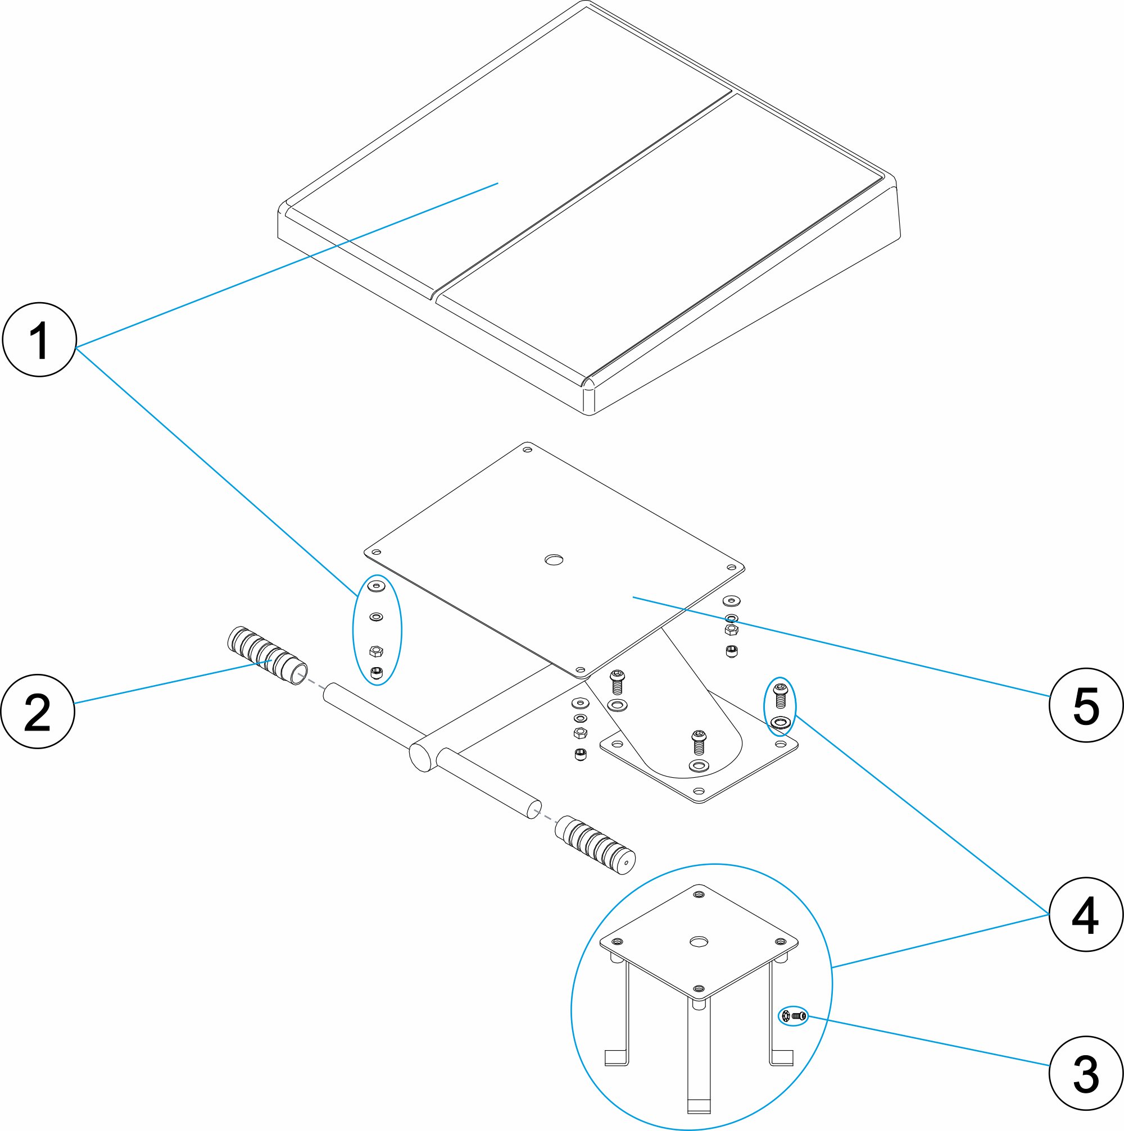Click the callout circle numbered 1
[40, 340]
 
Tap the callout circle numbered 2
[38, 712]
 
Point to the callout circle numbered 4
[1086, 914]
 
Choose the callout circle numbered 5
[1086, 705]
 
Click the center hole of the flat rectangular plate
[554, 560]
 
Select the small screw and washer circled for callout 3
[793, 1016]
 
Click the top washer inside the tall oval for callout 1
[376, 585]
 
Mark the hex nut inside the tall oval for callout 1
[376, 651]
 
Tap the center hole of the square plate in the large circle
[698, 942]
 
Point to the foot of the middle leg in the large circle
[698, 1107]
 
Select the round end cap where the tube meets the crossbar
[420, 757]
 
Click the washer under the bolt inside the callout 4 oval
[780, 722]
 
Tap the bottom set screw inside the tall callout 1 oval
[377, 673]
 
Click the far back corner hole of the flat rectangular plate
[527, 450]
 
